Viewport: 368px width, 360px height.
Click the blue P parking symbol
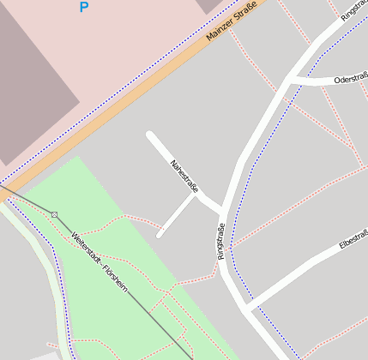[83, 8]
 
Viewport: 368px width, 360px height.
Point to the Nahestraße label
[184, 175]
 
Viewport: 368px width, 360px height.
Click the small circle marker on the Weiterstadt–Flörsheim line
[55, 213]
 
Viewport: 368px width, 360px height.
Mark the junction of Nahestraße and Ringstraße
[220, 209]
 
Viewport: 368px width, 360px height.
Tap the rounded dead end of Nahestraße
[151, 135]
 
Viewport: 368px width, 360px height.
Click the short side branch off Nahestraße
[176, 214]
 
